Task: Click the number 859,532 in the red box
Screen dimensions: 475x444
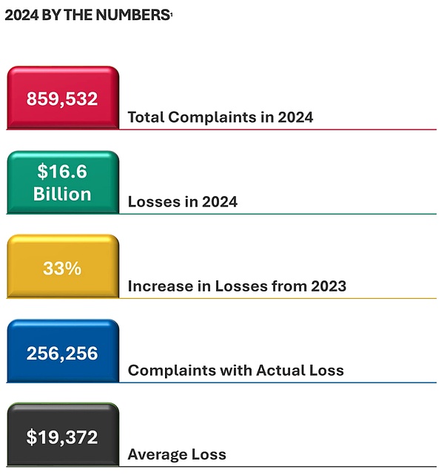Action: [62, 98]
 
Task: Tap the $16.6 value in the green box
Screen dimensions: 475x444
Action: [62, 172]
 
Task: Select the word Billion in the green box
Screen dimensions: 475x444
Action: [62, 195]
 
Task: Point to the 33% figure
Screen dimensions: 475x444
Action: [62, 268]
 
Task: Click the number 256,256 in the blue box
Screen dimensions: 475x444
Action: [62, 353]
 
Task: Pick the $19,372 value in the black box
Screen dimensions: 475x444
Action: [62, 437]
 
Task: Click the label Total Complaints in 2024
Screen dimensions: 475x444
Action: [220, 117]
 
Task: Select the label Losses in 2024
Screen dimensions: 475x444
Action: [182, 201]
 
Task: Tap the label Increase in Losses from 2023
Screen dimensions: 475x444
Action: [237, 286]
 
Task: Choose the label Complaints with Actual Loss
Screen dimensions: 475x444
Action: [235, 370]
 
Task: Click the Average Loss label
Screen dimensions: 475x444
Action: [177, 454]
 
